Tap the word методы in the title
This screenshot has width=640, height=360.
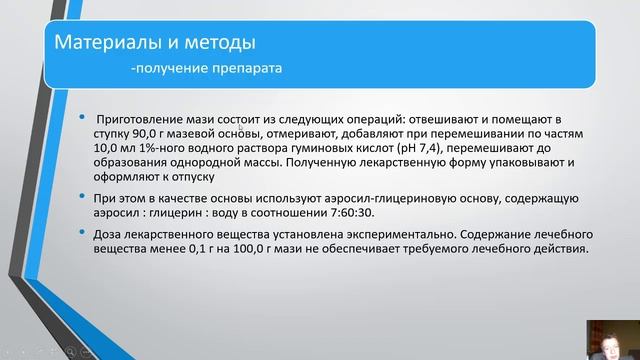point(208,43)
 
